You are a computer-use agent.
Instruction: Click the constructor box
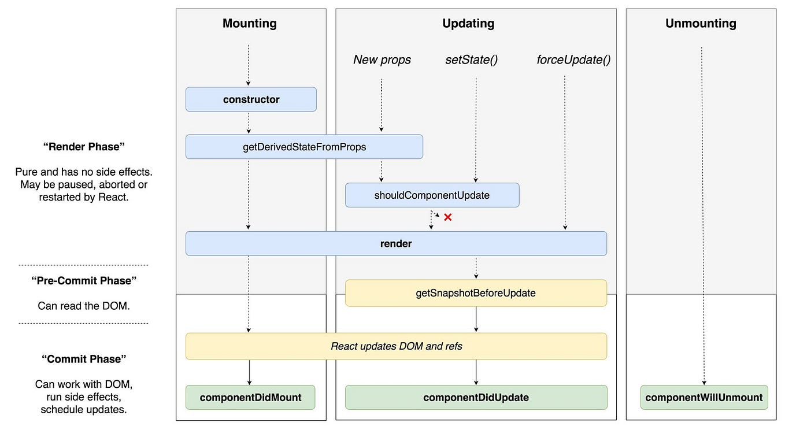(251, 99)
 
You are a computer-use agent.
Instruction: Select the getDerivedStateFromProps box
(304, 147)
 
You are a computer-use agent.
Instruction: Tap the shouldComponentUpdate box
(432, 195)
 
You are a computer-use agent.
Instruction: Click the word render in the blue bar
(396, 243)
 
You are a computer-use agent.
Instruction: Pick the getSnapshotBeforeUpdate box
(476, 293)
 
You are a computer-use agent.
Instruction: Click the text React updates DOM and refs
(396, 346)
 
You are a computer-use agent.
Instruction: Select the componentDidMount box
(250, 397)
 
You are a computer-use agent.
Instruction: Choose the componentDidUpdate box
(476, 397)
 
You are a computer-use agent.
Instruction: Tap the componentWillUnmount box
(703, 397)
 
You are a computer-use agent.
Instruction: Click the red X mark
(447, 217)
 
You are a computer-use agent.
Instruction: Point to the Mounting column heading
(250, 24)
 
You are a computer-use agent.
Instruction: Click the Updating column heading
(468, 24)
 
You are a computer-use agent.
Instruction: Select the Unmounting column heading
(701, 24)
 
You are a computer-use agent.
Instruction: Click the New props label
(382, 60)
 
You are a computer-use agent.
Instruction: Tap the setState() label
(471, 60)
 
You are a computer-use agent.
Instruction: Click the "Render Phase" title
(84, 147)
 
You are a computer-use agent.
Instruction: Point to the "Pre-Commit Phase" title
(84, 281)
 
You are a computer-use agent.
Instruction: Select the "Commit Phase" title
(84, 359)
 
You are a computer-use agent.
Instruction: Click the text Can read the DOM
(84, 306)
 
